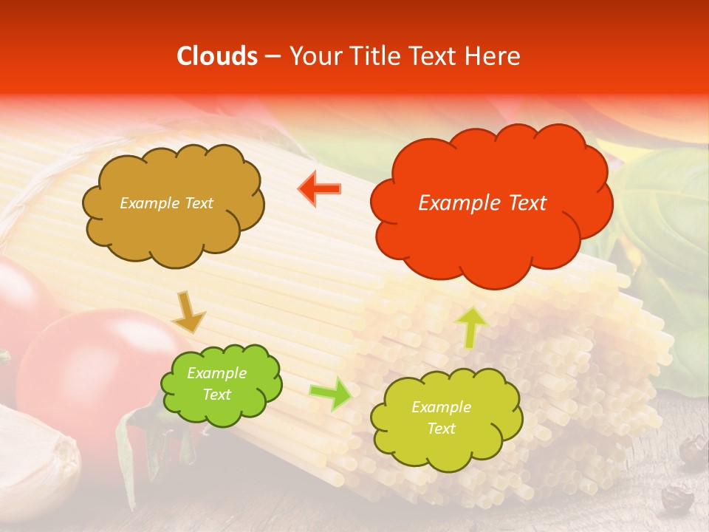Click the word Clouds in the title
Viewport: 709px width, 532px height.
point(217,56)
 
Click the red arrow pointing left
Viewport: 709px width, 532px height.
point(320,189)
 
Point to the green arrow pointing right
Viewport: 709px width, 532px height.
point(330,394)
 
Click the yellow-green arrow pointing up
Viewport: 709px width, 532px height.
point(471,327)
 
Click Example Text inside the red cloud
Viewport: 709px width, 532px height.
point(482,203)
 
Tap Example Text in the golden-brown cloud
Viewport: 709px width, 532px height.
point(166,203)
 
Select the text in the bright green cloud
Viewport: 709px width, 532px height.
point(216,384)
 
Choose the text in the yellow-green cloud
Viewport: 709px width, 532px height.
point(441,417)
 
